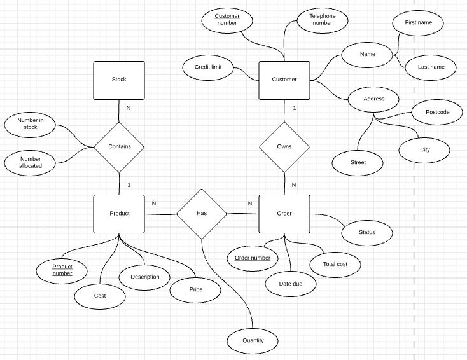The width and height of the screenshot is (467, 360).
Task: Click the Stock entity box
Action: (119, 80)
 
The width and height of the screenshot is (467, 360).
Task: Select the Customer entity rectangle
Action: (284, 80)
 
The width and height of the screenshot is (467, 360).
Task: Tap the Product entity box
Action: (119, 214)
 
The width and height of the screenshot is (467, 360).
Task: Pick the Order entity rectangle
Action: (284, 214)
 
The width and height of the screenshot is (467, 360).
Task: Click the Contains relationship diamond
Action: (119, 147)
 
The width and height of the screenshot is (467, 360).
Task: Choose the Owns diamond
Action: (284, 147)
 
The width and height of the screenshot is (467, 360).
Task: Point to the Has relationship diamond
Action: (201, 214)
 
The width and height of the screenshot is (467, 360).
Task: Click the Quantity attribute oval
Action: (253, 340)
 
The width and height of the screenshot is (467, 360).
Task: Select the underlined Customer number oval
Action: (227, 20)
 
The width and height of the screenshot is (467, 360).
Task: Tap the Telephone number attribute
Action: (323, 20)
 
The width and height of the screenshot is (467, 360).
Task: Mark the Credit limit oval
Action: (208, 67)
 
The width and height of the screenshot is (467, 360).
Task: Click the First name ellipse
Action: (418, 23)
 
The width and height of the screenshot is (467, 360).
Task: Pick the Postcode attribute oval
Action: (437, 113)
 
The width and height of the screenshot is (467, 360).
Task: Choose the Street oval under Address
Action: (358, 163)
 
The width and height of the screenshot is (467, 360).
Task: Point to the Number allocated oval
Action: (30, 162)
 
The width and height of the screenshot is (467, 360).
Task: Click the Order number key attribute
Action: (253, 258)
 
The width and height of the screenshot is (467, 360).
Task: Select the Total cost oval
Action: (335, 263)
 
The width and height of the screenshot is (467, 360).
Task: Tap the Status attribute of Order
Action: (367, 233)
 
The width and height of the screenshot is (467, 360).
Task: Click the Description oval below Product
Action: (144, 277)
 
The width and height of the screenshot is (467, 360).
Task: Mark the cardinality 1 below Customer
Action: (295, 108)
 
